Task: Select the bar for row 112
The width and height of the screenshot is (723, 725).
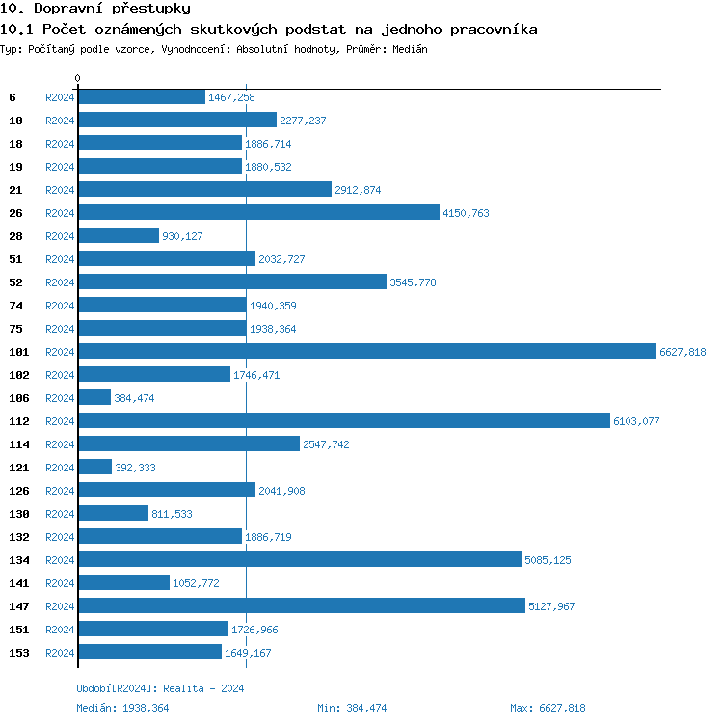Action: click(344, 421)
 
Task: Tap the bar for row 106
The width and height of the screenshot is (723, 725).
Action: click(94, 398)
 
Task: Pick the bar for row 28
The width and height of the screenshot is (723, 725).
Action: click(119, 236)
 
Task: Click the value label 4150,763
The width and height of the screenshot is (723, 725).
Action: click(466, 213)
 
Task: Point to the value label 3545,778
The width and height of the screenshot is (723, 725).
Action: click(413, 282)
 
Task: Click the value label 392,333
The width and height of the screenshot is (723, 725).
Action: click(135, 468)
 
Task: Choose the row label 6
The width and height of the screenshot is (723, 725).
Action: click(13, 97)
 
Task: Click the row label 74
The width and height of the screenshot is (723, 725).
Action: click(15, 306)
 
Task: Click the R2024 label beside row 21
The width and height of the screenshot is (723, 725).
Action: click(60, 190)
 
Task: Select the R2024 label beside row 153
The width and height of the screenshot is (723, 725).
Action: click(60, 653)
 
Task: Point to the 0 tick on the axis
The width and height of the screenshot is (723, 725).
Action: click(78, 78)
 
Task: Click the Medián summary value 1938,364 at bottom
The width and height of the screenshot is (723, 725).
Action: click(147, 708)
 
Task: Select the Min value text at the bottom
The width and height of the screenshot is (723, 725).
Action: click(352, 708)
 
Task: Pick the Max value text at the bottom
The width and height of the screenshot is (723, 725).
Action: click(548, 708)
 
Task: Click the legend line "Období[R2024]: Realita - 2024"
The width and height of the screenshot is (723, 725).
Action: click(160, 688)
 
